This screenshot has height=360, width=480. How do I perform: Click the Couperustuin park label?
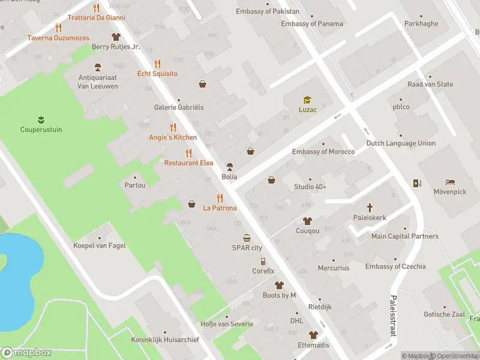point(41,129)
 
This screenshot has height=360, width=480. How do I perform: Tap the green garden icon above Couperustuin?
point(41,118)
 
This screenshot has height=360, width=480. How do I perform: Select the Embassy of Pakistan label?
point(268,11)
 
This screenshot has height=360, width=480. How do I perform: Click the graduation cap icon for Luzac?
point(307,100)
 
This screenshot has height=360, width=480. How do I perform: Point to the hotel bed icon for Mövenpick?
point(450,182)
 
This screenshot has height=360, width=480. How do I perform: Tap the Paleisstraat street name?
point(394,315)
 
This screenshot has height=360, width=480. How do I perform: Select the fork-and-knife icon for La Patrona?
point(220,198)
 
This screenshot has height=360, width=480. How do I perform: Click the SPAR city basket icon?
point(247,238)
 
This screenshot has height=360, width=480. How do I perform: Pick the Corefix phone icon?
point(263,261)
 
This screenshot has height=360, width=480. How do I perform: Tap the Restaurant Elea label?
point(188,163)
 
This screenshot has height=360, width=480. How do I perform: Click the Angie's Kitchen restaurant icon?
point(173,127)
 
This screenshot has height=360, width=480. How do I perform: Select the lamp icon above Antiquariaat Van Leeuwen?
point(98,67)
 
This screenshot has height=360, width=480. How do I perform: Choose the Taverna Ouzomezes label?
point(58,38)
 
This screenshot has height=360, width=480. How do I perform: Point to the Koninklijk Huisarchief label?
point(165,340)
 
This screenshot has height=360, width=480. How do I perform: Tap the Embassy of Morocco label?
point(323,152)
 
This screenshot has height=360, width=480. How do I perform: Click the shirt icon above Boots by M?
point(279,285)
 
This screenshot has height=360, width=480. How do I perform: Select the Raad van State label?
point(430,85)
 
